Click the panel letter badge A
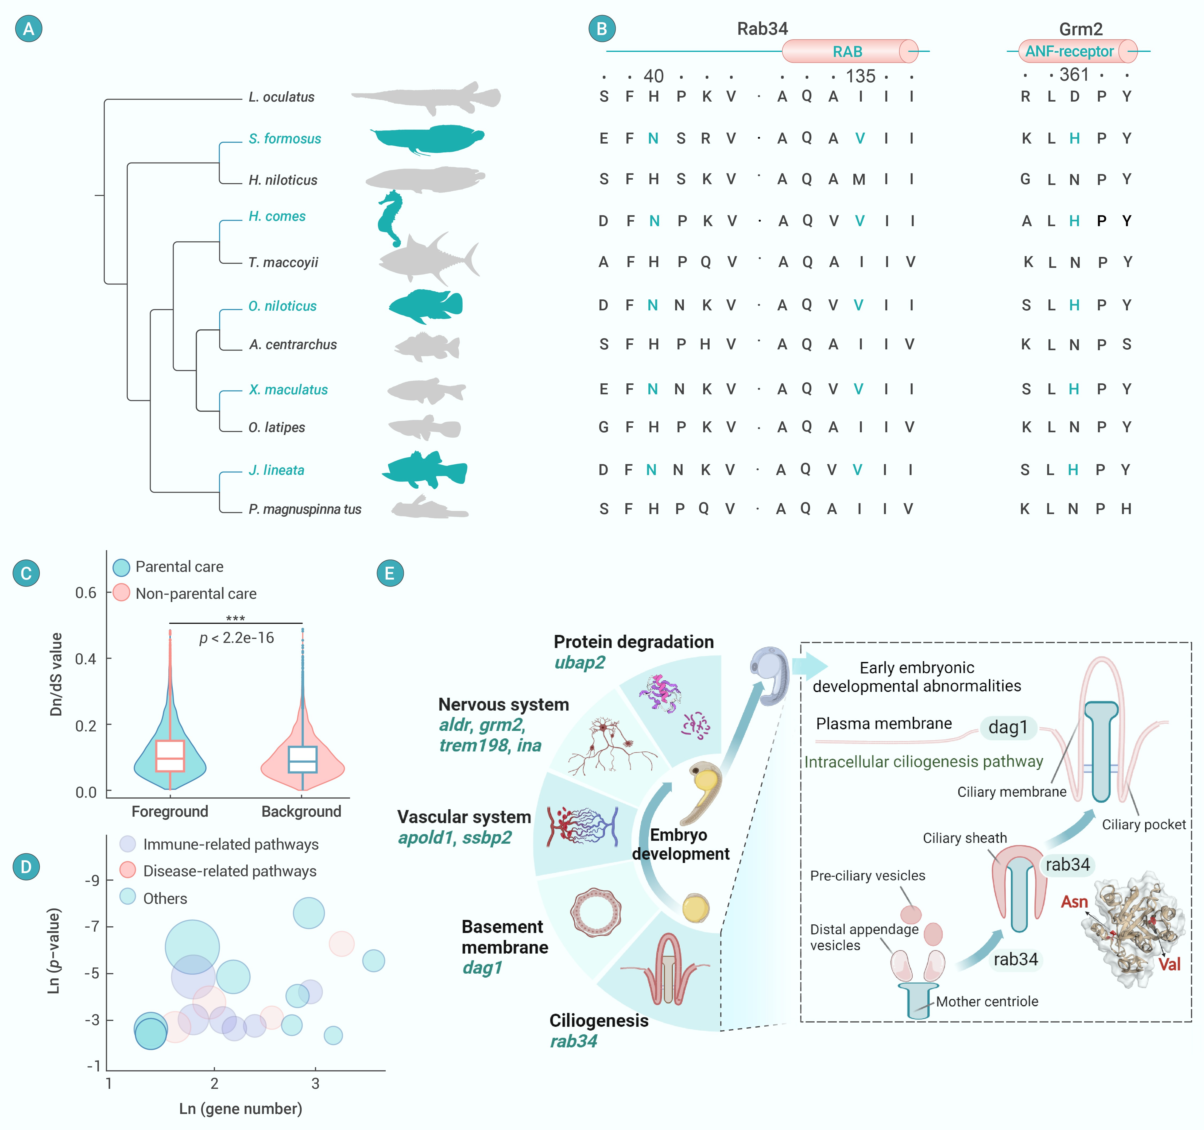coord(29,29)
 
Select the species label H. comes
coord(277,216)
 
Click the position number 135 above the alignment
coord(860,76)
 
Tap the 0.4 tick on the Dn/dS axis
coord(86,659)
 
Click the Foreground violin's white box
coord(170,755)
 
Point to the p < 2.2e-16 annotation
coord(237,638)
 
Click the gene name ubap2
coord(580,663)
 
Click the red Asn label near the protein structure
coord(1074,902)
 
